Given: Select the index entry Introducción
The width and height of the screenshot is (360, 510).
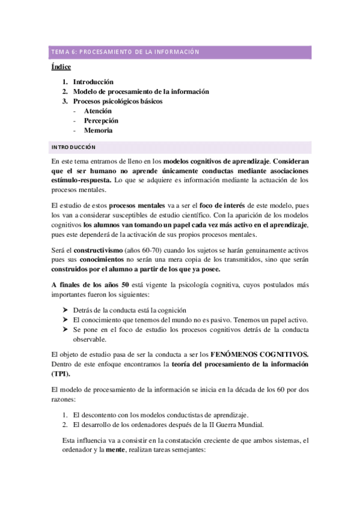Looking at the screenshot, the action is point(93,82).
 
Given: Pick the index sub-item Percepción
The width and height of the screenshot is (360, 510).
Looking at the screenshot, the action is point(101,120).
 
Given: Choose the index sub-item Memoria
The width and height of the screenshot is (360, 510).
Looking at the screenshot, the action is point(98,130).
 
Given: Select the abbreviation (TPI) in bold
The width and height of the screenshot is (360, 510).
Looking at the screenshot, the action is point(63,373).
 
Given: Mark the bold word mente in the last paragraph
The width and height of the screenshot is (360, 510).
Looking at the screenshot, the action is point(117,449).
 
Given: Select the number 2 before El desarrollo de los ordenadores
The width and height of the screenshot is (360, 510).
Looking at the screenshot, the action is point(65,425).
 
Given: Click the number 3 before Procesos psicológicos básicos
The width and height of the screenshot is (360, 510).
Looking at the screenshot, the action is point(64,101).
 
